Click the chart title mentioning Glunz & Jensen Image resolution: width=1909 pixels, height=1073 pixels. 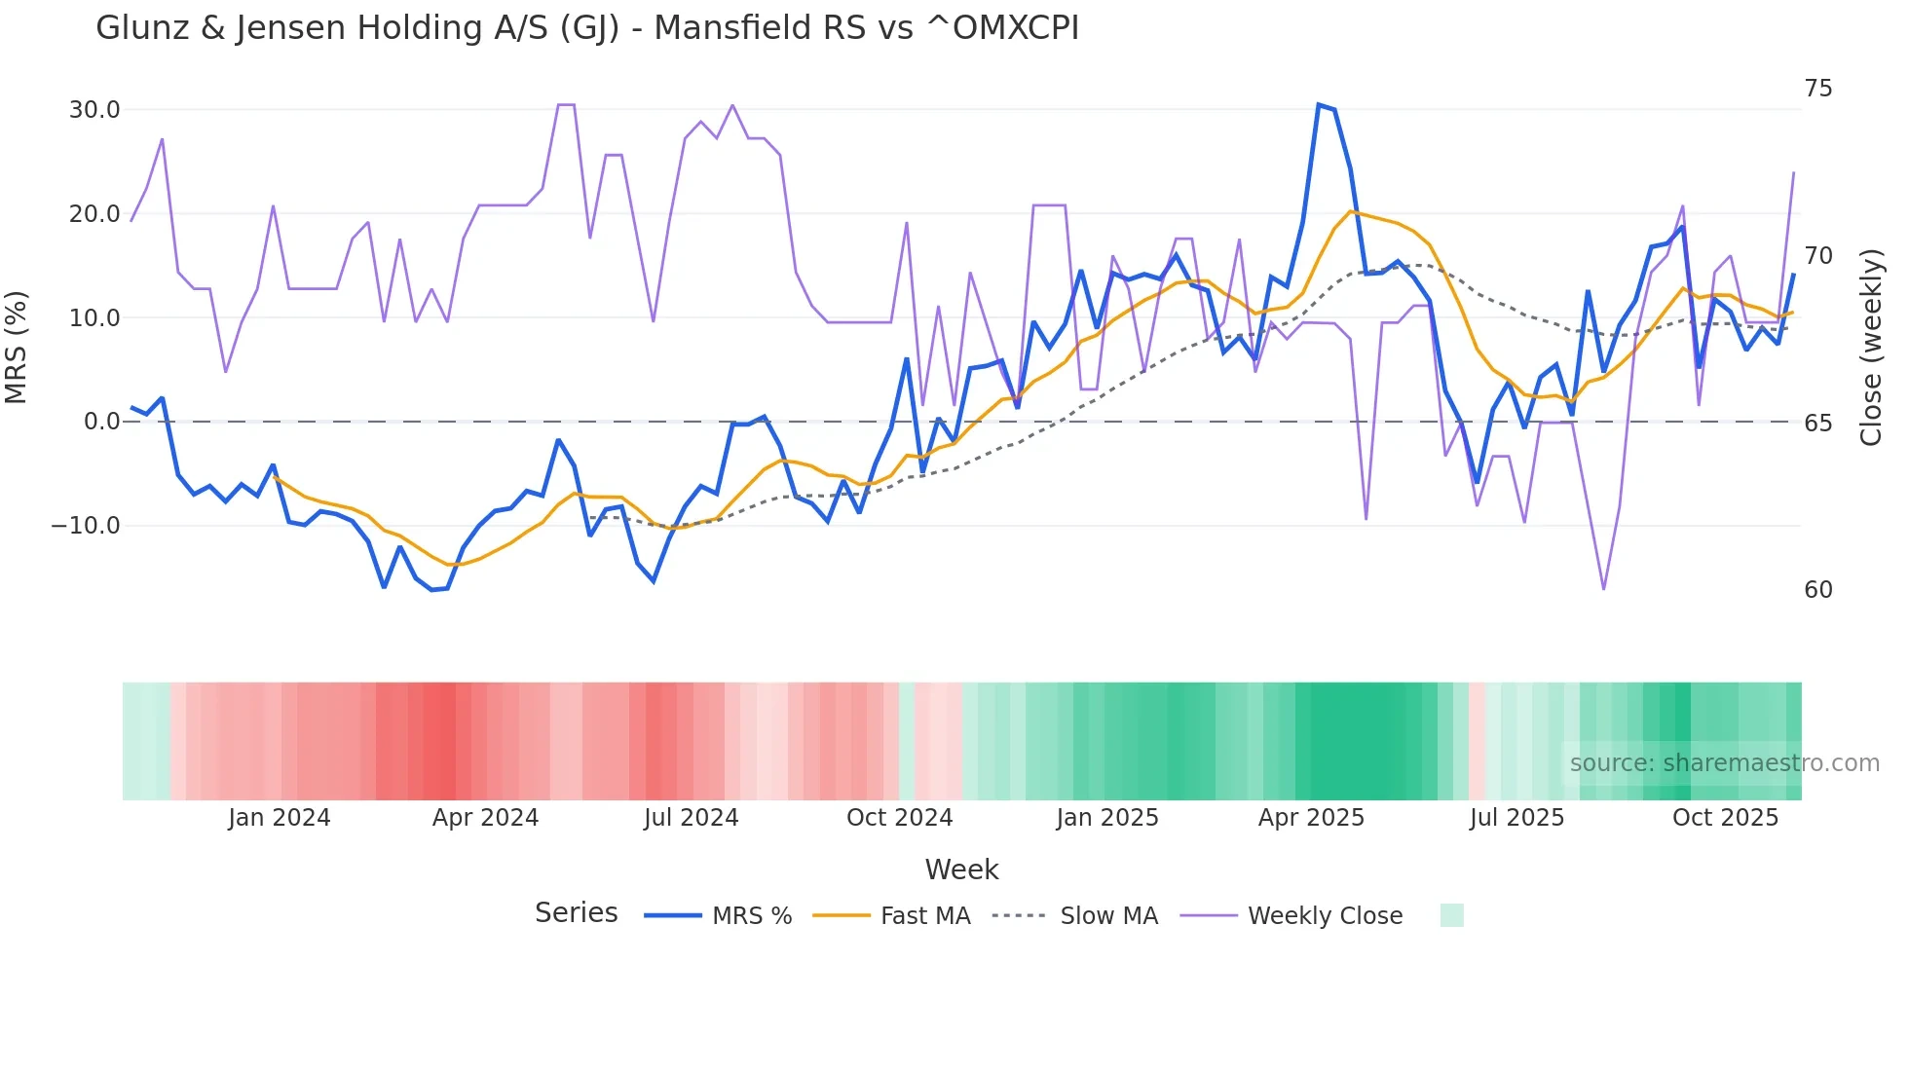point(586,28)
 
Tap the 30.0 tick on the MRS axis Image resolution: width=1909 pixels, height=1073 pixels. point(94,110)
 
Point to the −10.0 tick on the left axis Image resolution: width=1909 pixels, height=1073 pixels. point(86,526)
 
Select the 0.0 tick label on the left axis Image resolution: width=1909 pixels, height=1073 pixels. point(101,422)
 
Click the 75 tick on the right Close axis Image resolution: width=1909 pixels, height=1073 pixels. point(1817,89)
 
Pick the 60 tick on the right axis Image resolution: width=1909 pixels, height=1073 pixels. point(1817,590)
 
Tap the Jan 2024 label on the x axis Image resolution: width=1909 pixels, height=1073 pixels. point(280,818)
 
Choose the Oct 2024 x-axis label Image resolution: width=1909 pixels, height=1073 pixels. point(899,818)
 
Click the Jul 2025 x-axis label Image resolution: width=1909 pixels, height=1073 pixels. point(1516,818)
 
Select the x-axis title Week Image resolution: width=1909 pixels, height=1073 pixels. point(961,869)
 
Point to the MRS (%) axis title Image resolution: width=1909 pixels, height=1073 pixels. point(17,347)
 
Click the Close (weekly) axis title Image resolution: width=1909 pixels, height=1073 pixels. point(1871,347)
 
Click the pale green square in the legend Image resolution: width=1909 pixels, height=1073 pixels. point(1451,915)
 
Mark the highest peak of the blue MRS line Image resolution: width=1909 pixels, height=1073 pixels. point(1319,105)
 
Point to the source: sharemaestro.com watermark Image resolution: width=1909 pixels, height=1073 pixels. point(1724,763)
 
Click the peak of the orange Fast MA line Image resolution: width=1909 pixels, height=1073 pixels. point(1351,211)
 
